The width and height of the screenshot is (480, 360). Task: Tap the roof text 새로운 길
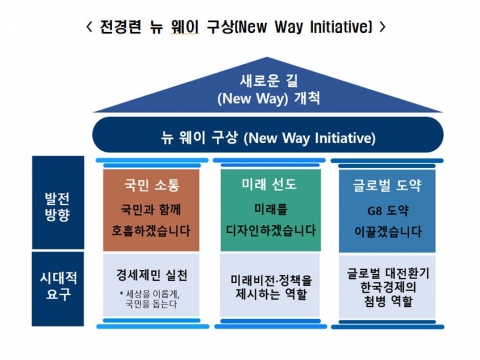(239, 80)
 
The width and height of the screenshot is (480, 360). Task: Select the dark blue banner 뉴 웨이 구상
(239, 135)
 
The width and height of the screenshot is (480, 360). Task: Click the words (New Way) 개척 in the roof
(239, 99)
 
